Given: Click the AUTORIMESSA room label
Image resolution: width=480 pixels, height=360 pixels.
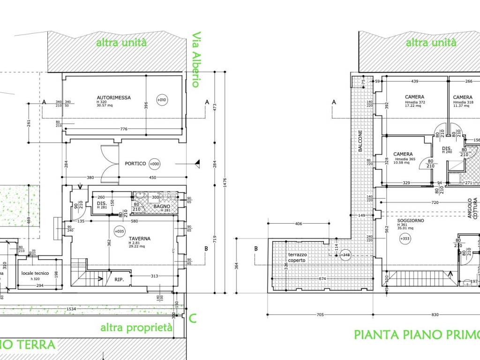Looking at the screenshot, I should click(x=113, y=97).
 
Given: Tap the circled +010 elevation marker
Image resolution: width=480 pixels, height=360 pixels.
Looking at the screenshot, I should click(x=162, y=100).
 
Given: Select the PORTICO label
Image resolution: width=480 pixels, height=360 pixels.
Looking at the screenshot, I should click(x=135, y=164).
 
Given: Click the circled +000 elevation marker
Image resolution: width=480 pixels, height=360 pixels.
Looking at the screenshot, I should click(x=154, y=164).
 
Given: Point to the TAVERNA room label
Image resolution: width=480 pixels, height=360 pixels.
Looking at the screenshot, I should click(x=140, y=238).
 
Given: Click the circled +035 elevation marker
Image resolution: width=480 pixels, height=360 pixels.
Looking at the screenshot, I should click(x=119, y=231).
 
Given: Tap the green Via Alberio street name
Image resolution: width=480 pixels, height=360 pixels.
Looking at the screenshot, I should click(x=196, y=60).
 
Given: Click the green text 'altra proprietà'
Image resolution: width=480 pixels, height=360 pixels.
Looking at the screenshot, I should click(x=136, y=328).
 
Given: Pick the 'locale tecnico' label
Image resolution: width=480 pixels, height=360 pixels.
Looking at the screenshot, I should click(x=35, y=273).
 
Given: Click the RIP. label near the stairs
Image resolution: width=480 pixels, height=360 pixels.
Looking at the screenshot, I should click(x=120, y=279).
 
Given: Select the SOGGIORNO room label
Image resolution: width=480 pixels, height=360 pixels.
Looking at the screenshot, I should click(x=411, y=220).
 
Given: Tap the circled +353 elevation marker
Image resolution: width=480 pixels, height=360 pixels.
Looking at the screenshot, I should click(x=404, y=239).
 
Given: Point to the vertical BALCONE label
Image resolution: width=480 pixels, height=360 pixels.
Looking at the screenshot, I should click(x=360, y=141).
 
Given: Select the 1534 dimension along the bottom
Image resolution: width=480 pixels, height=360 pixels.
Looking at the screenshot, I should click(x=71, y=309).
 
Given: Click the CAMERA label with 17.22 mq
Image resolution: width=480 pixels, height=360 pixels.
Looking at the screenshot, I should click(x=415, y=97).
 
